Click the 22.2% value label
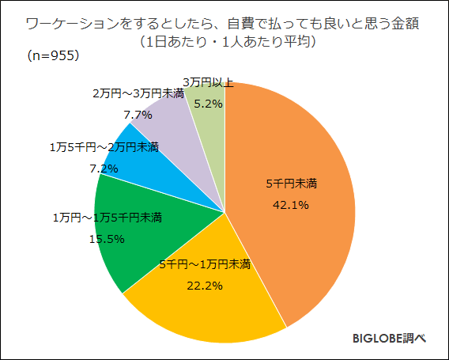(x=205, y=283)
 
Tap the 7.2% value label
(x=104, y=168)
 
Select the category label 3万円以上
(x=207, y=82)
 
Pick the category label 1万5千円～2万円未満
(x=104, y=147)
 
